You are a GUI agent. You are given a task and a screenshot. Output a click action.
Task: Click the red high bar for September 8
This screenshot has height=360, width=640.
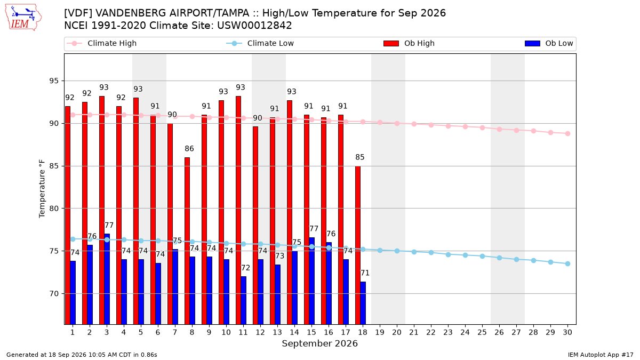click(187, 241)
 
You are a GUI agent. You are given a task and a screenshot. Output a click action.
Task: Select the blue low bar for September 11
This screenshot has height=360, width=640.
click(243, 300)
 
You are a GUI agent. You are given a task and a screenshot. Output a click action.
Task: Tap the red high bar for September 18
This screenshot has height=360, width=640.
click(358, 245)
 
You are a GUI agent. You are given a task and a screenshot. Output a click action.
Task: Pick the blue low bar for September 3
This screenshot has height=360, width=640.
click(107, 279)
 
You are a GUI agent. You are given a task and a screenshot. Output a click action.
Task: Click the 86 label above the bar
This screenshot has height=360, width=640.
click(189, 149)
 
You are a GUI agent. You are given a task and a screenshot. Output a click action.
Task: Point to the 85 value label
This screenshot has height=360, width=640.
click(359, 157)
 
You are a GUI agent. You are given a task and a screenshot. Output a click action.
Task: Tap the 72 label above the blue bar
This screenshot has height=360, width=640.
click(245, 268)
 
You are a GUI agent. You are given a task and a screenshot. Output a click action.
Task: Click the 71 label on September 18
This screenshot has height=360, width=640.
click(365, 273)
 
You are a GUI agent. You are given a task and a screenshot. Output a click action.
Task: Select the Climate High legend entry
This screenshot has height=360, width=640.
click(102, 43)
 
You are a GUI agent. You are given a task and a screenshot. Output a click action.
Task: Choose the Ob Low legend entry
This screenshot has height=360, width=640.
click(549, 43)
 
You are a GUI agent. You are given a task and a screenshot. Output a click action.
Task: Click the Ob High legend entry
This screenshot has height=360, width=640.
click(409, 43)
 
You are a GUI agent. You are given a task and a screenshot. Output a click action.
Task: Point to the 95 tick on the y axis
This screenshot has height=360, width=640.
click(54, 81)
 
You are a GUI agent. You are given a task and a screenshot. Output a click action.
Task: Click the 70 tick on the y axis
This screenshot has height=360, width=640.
click(54, 294)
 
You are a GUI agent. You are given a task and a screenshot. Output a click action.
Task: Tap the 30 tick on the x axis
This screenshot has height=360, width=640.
click(567, 332)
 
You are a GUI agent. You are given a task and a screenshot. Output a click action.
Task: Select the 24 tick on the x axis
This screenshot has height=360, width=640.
click(465, 332)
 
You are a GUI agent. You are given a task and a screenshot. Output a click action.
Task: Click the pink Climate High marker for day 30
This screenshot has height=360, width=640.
click(567, 133)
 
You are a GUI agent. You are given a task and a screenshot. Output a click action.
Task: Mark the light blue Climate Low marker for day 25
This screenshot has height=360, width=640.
click(482, 257)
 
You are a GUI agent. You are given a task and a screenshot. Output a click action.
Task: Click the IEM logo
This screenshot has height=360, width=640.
click(23, 18)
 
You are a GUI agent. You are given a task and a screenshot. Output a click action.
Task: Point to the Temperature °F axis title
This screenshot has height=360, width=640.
click(42, 189)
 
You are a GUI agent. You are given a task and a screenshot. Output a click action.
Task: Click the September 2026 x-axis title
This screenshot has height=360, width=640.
click(319, 343)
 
